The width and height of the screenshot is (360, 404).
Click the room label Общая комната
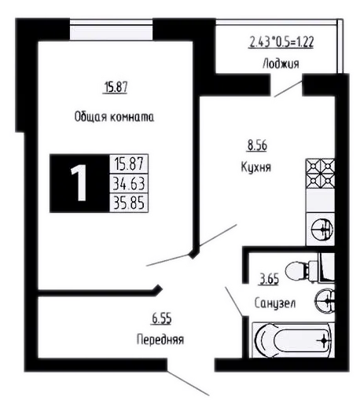pyautogui.click(x=114, y=117)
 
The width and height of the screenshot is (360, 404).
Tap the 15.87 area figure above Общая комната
pyautogui.click(x=116, y=87)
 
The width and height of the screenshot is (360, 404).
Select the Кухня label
pyautogui.click(x=255, y=167)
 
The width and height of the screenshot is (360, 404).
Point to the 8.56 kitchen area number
pyautogui.click(x=257, y=145)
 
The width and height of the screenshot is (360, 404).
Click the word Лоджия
pyautogui.click(x=281, y=64)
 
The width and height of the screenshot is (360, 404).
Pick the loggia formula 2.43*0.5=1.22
pyautogui.click(x=281, y=42)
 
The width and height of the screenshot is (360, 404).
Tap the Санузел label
pyautogui.click(x=275, y=303)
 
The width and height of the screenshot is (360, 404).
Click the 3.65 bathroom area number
pyautogui.click(x=269, y=279)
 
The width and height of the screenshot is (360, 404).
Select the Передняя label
pyautogui.click(x=160, y=340)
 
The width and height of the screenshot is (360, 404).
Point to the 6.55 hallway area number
pyautogui.click(x=162, y=319)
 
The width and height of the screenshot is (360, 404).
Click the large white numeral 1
pyautogui.click(x=79, y=183)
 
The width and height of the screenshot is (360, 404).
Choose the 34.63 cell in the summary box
pyautogui.click(x=129, y=183)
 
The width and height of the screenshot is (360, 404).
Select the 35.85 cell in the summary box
pyautogui.click(x=129, y=203)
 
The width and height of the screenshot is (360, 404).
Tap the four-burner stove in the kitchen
pyautogui.click(x=321, y=173)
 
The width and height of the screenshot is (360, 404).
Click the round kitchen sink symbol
pyautogui.click(x=322, y=230)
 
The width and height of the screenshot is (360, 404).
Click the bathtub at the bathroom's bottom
pyautogui.click(x=293, y=340)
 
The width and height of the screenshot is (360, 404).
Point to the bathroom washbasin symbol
pyautogui.click(x=325, y=300)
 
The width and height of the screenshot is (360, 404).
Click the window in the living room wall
pyautogui.click(x=111, y=30)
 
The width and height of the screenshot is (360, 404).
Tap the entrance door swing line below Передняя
pyautogui.click(x=188, y=383)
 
